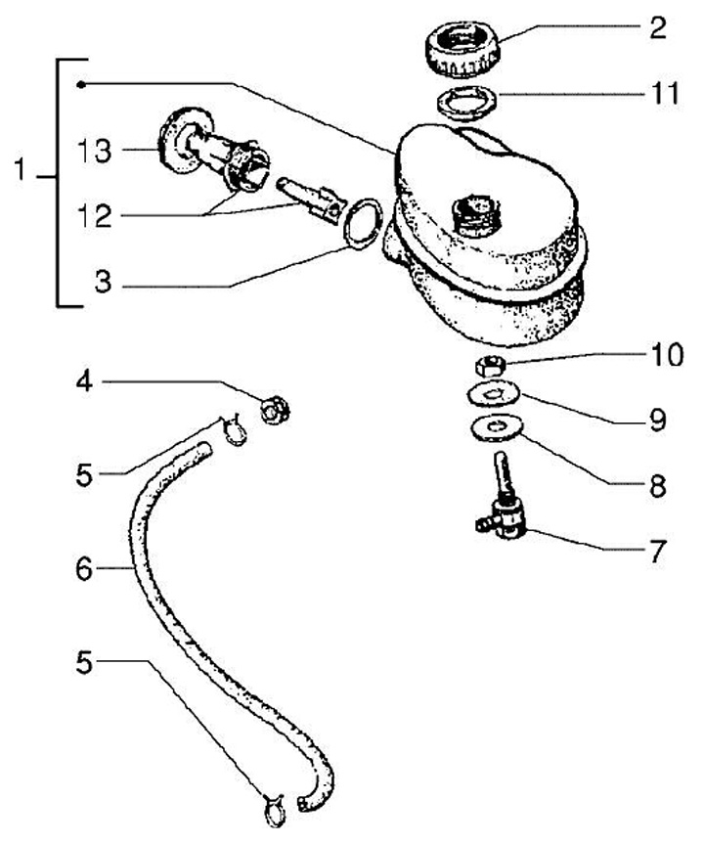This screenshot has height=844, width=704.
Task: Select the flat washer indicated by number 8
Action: point(495,427)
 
